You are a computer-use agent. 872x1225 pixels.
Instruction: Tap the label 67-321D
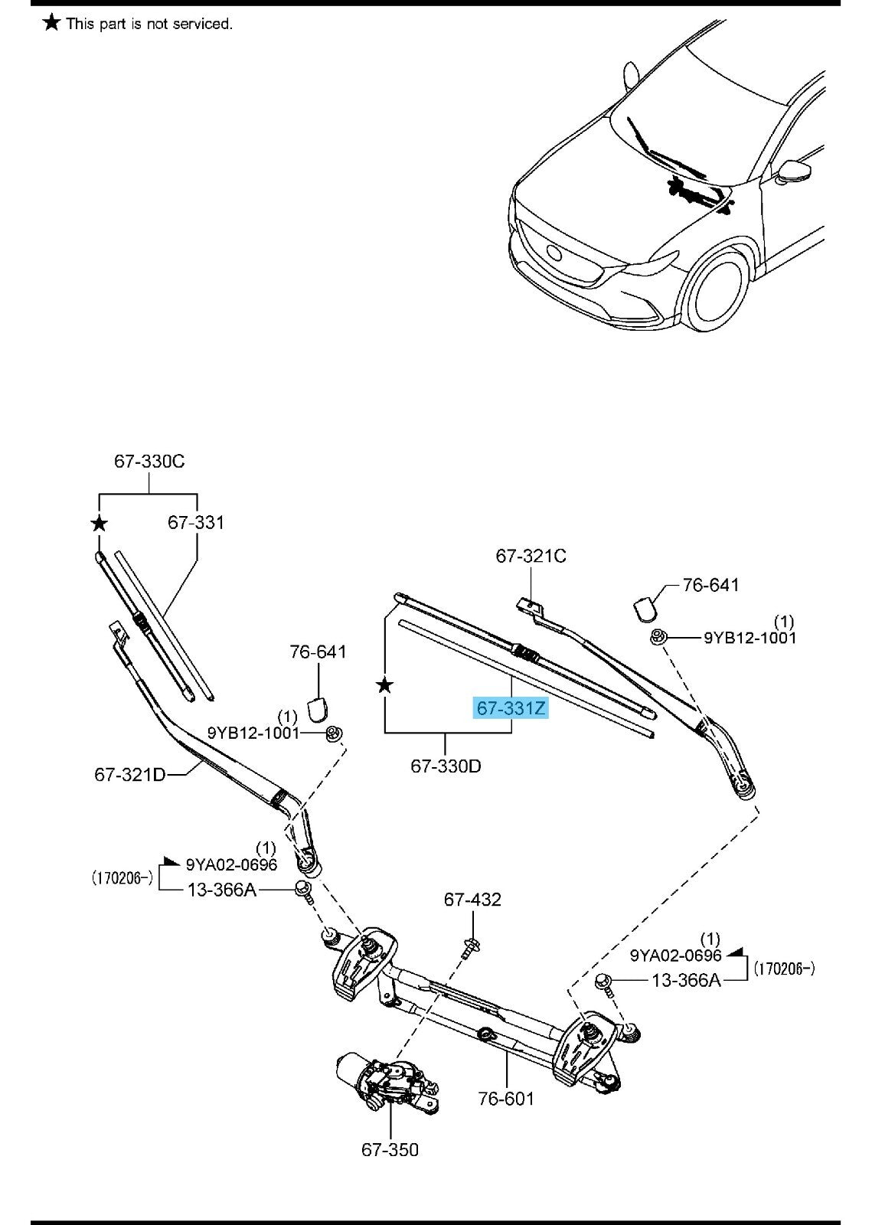click(x=129, y=774)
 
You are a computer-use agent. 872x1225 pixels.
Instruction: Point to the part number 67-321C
click(x=531, y=556)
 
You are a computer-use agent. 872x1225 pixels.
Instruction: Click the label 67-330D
click(x=446, y=766)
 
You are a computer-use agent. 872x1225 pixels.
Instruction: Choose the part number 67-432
click(x=472, y=900)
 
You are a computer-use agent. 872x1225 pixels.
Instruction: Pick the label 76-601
click(x=506, y=1099)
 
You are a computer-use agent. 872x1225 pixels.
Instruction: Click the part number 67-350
click(x=390, y=1150)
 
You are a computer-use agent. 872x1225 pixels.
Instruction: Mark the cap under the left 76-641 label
click(x=318, y=709)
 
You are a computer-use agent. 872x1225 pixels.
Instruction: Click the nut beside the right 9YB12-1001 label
click(x=657, y=637)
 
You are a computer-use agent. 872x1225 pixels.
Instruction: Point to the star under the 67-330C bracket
click(x=99, y=524)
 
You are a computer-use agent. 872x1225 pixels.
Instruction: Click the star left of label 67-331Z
click(x=385, y=685)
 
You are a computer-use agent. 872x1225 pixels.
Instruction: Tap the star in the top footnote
click(x=51, y=23)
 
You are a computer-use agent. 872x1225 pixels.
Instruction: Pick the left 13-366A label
click(x=222, y=890)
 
